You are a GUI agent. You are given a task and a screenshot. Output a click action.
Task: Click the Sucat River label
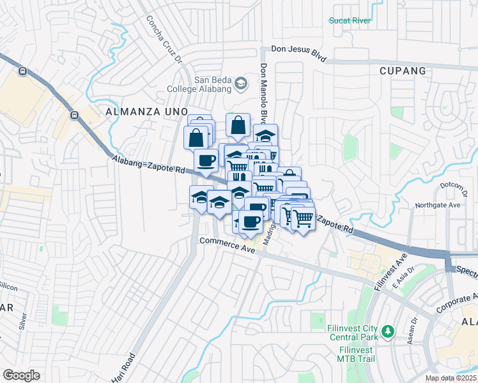pyautogui.click(x=350, y=20)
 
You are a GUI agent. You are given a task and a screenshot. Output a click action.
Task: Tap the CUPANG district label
pyautogui.click(x=403, y=70)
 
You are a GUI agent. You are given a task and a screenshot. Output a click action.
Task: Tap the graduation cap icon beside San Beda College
pyautogui.click(x=240, y=83)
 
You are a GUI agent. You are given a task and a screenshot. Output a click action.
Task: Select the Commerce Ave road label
pyautogui.click(x=227, y=244)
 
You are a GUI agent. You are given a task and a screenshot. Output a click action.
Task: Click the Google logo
pyautogui.click(x=21, y=375)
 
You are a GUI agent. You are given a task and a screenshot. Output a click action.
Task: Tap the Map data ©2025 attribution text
pyautogui.click(x=451, y=378)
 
